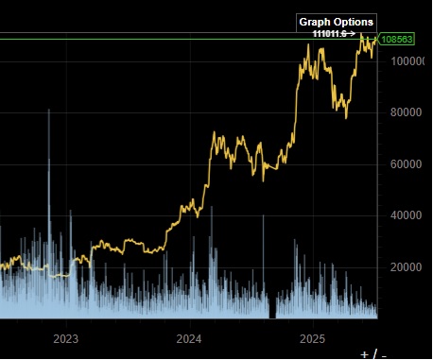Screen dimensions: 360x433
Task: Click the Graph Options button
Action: [x=337, y=22]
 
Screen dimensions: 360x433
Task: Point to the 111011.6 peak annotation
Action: [x=328, y=33]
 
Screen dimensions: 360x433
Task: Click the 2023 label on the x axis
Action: [x=65, y=337]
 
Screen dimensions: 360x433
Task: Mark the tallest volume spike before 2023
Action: [x=49, y=111]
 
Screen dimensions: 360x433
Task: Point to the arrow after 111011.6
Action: [x=352, y=33]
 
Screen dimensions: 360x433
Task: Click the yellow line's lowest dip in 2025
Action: [x=346, y=118]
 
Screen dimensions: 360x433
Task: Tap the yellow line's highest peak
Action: [x=360, y=35]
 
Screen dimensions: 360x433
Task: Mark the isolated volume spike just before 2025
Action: [x=263, y=216]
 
